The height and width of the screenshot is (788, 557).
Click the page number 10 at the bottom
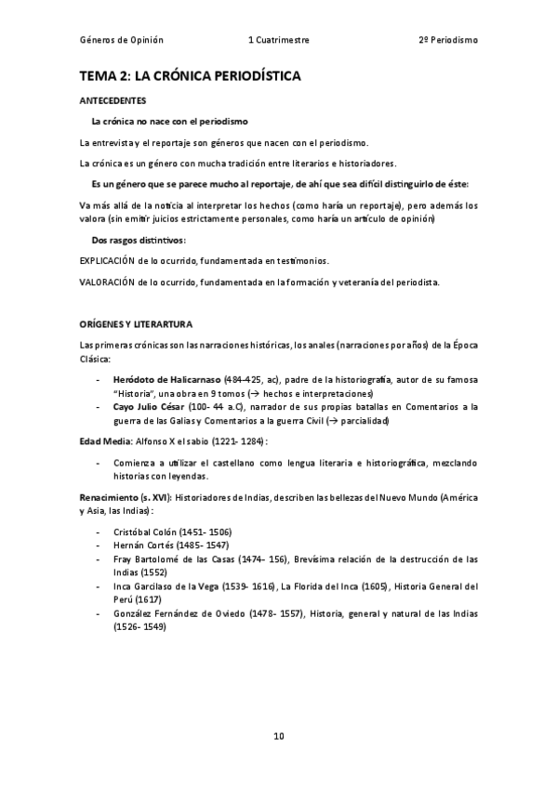(x=278, y=736)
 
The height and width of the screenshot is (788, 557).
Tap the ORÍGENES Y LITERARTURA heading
(x=137, y=324)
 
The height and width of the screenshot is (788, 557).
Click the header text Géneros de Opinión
(x=122, y=41)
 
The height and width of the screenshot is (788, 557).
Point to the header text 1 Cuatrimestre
(x=279, y=41)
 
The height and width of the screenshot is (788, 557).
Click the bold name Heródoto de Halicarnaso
(x=166, y=381)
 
